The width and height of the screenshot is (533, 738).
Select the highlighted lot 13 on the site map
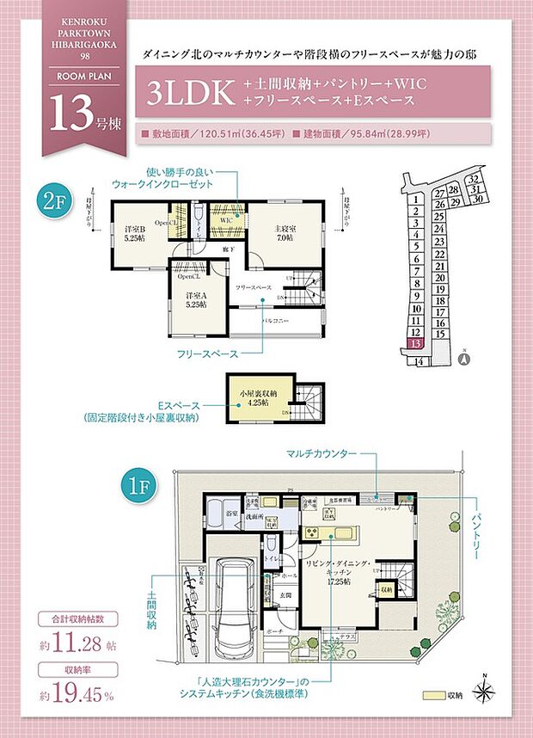[x=416, y=342]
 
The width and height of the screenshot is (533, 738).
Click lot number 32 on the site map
[x=474, y=179]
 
